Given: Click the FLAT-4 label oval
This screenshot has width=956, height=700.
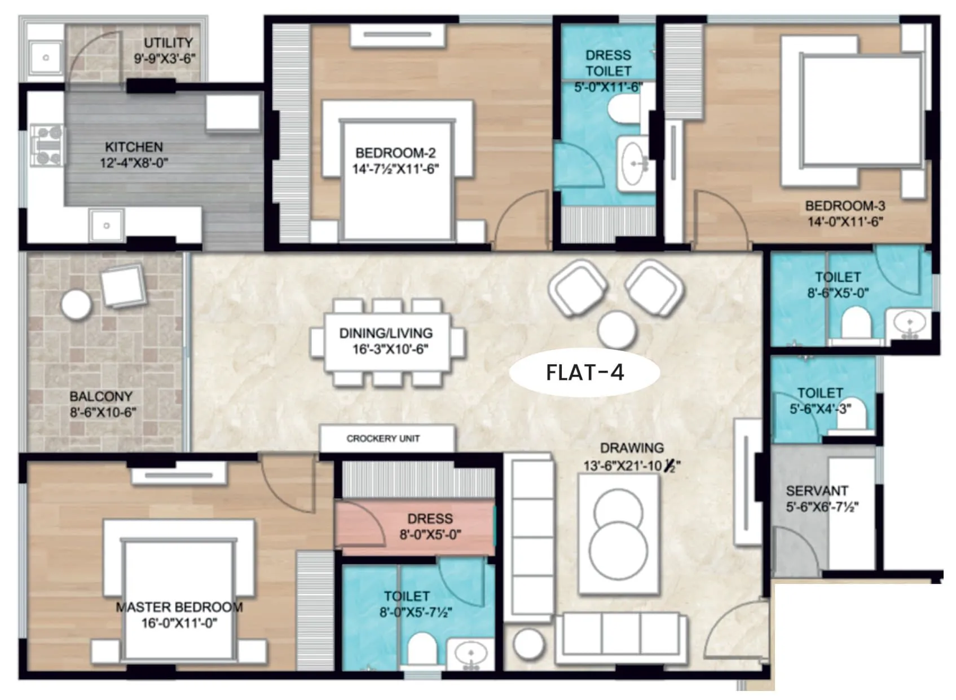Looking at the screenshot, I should pyautogui.click(x=585, y=373).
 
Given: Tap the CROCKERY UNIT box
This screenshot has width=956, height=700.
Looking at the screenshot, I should pyautogui.click(x=387, y=438).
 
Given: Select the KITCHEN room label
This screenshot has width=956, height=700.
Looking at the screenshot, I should pyautogui.click(x=134, y=147).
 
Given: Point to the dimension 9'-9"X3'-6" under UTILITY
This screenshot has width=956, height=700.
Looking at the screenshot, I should pyautogui.click(x=165, y=58).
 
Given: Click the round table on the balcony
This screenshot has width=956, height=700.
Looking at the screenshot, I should pyautogui.click(x=76, y=305).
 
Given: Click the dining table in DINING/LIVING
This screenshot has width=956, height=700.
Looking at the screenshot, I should pyautogui.click(x=387, y=342).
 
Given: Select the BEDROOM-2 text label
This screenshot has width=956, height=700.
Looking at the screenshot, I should pyautogui.click(x=395, y=153).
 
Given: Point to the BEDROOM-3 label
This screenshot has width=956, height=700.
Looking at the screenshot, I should pyautogui.click(x=845, y=206).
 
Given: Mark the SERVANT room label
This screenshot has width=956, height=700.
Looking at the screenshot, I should pyautogui.click(x=817, y=491).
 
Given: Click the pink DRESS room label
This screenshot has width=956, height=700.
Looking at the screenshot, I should pyautogui.click(x=430, y=519).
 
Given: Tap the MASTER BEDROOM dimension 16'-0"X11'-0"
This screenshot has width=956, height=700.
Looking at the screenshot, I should pyautogui.click(x=179, y=623).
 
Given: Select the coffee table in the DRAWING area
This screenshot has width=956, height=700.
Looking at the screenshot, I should pyautogui.click(x=619, y=533).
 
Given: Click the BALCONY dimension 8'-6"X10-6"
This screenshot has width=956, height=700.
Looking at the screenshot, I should pyautogui.click(x=103, y=413).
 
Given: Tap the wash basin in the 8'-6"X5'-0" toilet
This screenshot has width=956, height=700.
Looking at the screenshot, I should pyautogui.click(x=909, y=324).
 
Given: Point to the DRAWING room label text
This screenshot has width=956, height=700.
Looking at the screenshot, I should pyautogui.click(x=632, y=448).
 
